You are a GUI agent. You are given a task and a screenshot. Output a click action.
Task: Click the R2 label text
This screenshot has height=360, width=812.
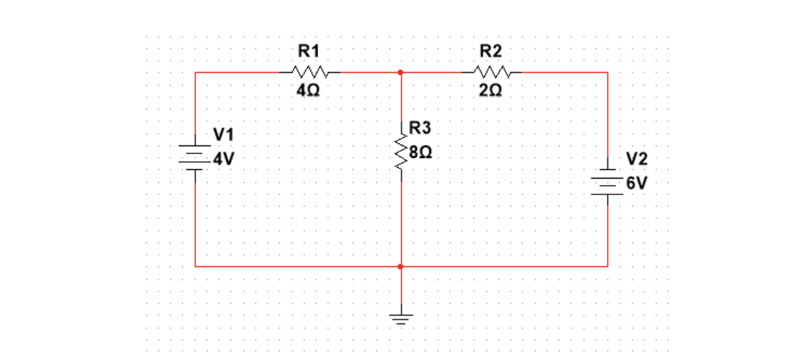[492, 51]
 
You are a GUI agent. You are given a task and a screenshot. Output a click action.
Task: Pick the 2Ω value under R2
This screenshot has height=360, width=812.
[492, 91]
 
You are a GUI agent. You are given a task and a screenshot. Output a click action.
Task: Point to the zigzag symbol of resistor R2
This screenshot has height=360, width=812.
[493, 73]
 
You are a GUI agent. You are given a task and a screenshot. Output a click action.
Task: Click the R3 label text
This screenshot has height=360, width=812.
[420, 129]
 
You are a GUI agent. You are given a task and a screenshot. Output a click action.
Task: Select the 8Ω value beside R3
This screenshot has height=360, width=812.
[420, 153]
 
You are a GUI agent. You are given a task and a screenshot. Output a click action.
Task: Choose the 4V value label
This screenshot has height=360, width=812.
[224, 158]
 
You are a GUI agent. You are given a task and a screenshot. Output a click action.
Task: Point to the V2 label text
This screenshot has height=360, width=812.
[637, 159]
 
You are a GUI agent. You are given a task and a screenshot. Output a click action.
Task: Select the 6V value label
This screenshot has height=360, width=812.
[637, 183]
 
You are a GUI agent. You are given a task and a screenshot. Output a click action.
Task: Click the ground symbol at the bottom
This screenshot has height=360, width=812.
[400, 319]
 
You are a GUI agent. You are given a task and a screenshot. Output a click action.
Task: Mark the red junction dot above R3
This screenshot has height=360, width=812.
[400, 73]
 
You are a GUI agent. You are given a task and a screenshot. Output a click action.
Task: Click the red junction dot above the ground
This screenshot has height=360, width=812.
[400, 266]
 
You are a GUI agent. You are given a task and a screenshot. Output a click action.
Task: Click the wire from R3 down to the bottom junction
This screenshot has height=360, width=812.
[400, 223]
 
